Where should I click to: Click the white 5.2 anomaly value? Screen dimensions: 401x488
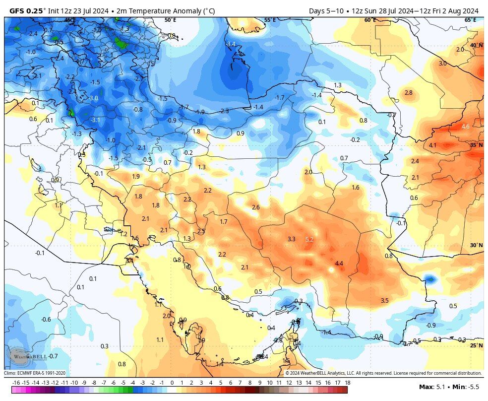pos(309,239)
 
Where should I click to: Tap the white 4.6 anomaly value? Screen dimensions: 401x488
pos(465,127)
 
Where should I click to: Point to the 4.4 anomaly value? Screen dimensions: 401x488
pos(339,263)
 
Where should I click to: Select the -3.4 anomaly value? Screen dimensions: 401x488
pos(231,44)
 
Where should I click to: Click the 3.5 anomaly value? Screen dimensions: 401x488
pos(384,301)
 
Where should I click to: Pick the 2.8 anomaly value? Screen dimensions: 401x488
pos(408,93)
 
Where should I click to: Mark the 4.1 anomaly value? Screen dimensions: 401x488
pos(432,145)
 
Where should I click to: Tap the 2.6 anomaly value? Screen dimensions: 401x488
pos(256,207)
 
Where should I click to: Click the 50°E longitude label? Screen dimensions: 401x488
pos(170,20)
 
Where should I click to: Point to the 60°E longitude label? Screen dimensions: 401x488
pos(370,20)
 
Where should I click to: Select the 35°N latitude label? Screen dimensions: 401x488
pos(476,145)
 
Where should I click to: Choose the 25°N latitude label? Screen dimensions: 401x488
pos(476,345)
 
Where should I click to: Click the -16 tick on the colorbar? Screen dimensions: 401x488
pos(16,383)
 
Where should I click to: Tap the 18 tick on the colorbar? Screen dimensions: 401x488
pos(347,383)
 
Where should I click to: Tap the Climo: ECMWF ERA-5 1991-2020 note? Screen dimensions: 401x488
pos(35,373)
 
